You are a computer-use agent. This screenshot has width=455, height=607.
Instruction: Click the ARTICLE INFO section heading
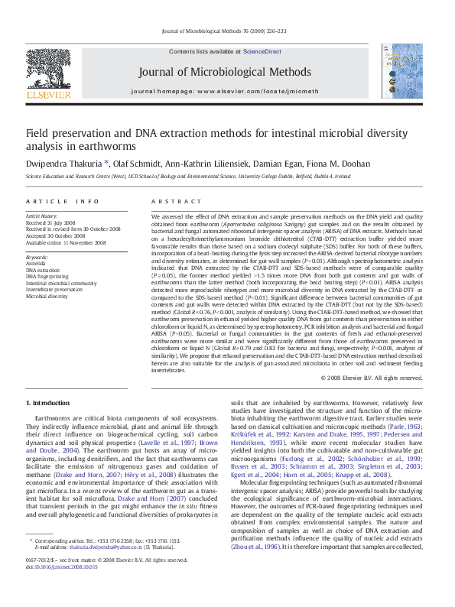(61, 201)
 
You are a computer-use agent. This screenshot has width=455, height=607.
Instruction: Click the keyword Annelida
(36, 264)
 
